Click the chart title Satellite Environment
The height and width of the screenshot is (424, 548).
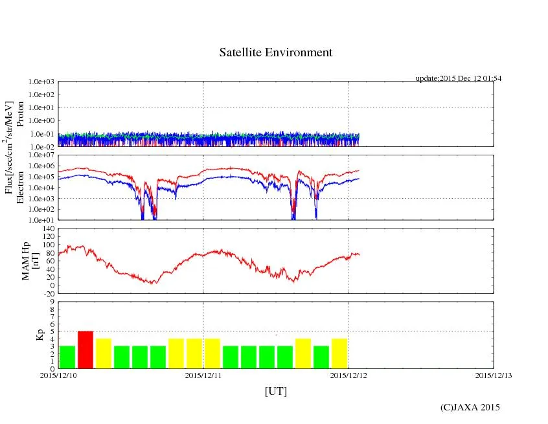(276, 52)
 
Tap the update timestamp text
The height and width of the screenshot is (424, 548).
(459, 78)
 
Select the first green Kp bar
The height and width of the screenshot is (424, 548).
(67, 357)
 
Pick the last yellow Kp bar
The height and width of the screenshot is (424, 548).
(339, 353)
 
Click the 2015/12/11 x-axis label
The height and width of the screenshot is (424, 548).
(204, 374)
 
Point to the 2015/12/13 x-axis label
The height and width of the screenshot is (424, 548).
(494, 374)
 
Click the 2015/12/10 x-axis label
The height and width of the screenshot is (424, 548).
(58, 374)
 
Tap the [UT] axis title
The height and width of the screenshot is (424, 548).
(276, 391)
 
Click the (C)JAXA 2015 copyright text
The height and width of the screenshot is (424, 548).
(470, 407)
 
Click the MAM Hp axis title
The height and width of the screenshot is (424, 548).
(31, 257)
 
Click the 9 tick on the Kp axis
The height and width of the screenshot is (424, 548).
(51, 301)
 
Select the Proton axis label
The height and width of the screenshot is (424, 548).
(21, 115)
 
